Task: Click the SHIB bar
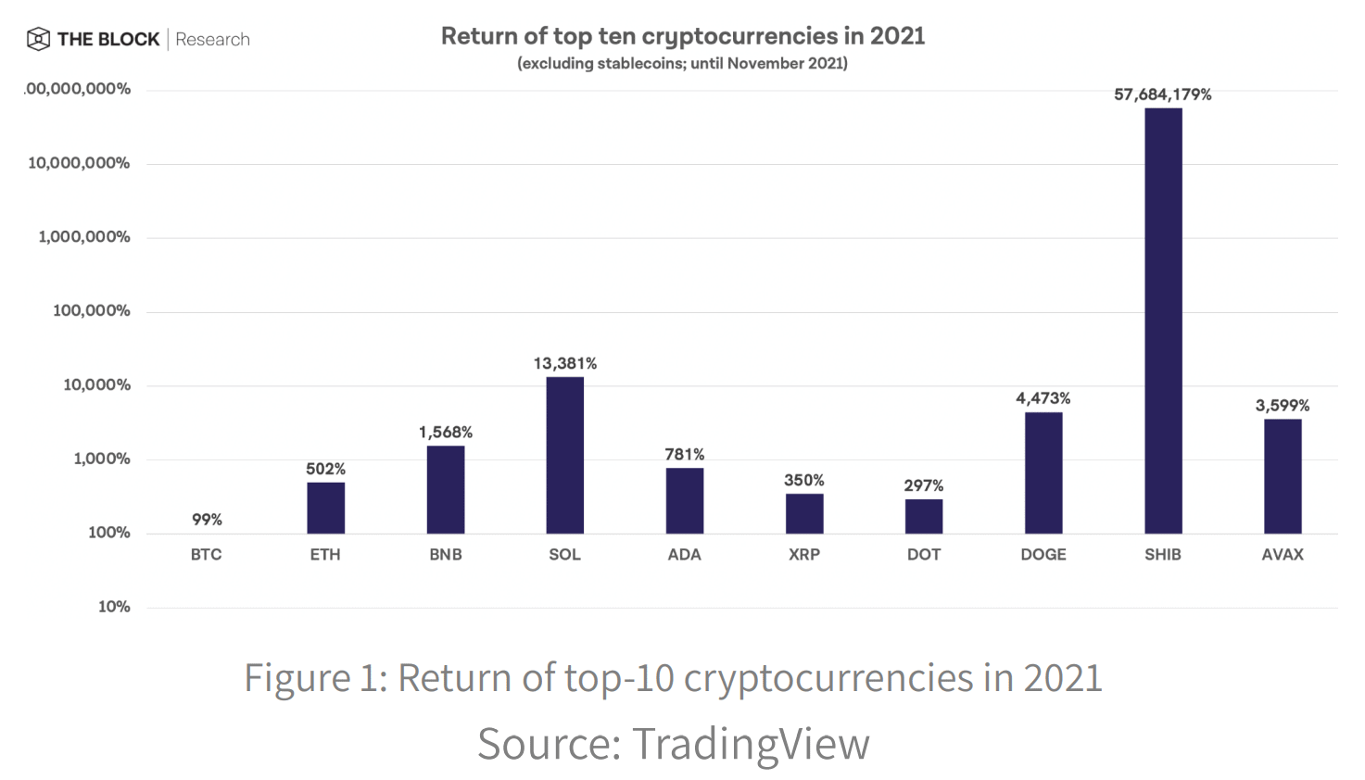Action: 1163,321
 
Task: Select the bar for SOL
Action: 565,455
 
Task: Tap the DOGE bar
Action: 1043,472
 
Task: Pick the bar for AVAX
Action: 1283,476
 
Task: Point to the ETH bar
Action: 326,508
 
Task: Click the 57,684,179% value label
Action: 1162,94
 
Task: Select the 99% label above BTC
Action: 207,520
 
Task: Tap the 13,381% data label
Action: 565,363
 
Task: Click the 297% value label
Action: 924,485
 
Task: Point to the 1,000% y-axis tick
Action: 102,459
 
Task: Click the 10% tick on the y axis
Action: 114,607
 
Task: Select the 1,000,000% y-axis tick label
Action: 84,237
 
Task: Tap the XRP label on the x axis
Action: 804,555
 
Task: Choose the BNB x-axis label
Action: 446,555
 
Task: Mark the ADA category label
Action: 685,555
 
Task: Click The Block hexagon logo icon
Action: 38,39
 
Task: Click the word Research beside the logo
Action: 212,40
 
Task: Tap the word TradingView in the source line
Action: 751,744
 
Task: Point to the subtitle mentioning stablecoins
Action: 682,64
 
